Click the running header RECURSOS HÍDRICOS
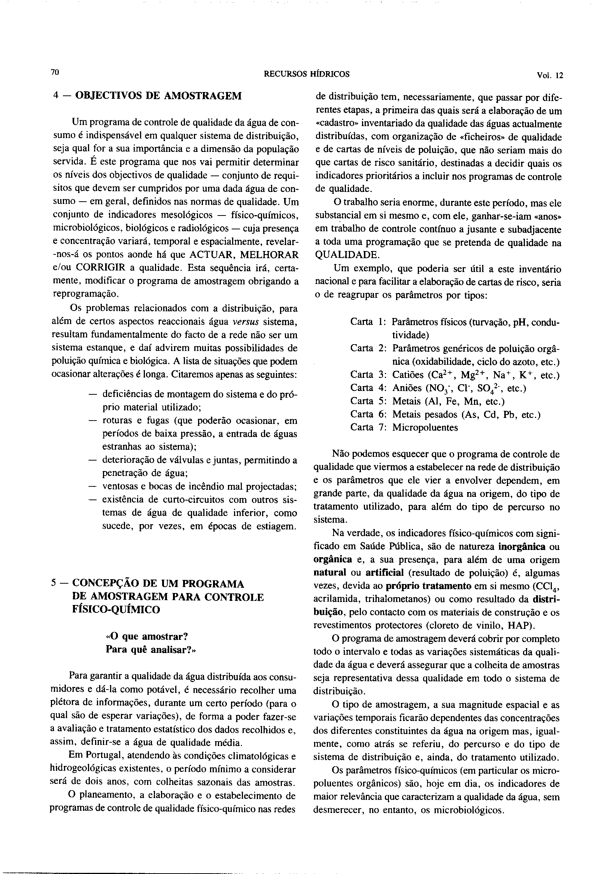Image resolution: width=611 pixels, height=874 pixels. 306,74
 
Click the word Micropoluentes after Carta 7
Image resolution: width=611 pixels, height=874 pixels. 425,428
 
